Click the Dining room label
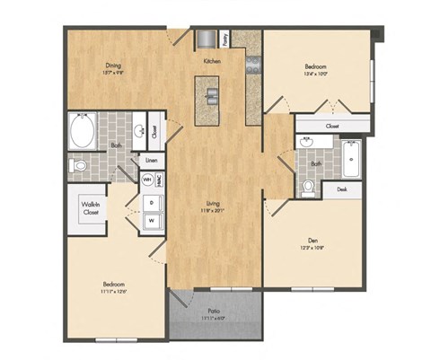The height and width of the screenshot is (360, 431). pyautogui.click(x=114, y=65)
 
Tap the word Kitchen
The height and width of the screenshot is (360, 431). pyautogui.click(x=212, y=61)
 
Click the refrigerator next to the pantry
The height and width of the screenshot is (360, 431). pyautogui.click(x=207, y=39)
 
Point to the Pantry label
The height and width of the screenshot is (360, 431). pyautogui.click(x=224, y=39)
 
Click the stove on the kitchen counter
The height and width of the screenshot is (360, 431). pyautogui.click(x=253, y=64)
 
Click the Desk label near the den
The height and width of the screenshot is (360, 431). pyautogui.click(x=342, y=189)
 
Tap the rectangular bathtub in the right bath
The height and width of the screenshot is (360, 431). pyautogui.click(x=349, y=159)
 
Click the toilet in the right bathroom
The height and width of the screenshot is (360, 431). pyautogui.click(x=309, y=186)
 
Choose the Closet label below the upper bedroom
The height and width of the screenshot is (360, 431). pyautogui.click(x=331, y=127)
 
